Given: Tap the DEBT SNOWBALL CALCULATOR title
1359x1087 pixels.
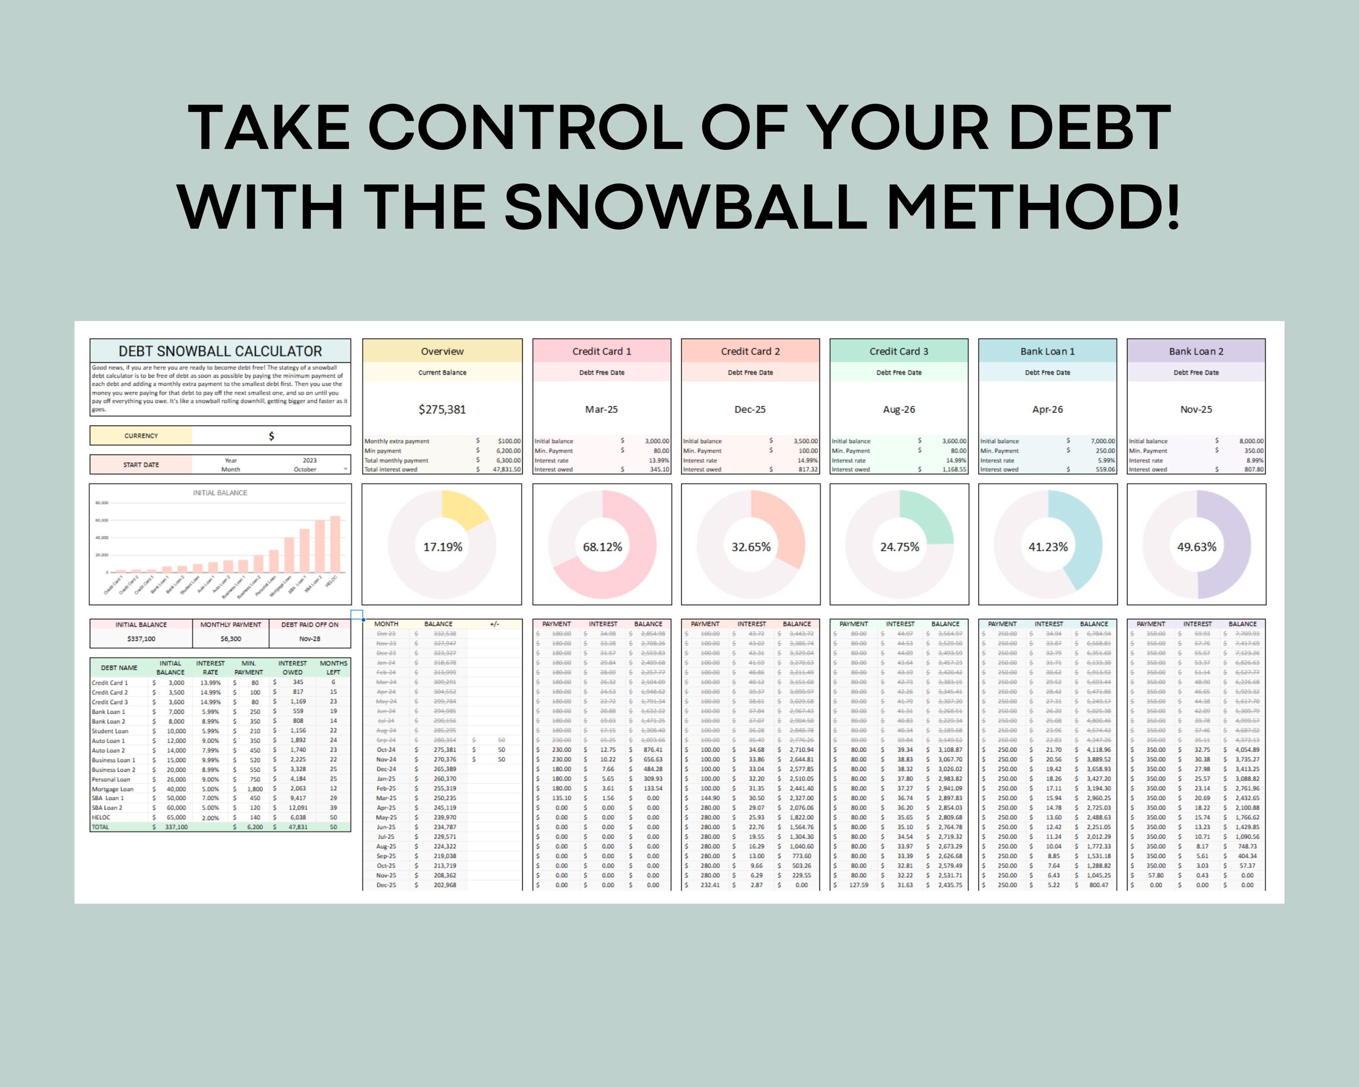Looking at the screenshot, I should (220, 351).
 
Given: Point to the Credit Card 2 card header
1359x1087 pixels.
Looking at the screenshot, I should (750, 351).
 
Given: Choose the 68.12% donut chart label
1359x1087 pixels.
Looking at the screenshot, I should (602, 547).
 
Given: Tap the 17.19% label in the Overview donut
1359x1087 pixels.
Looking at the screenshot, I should (443, 547).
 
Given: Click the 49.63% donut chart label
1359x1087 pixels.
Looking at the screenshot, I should (1196, 547).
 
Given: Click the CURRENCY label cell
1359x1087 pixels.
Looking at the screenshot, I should (141, 435).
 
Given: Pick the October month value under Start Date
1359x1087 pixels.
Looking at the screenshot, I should (305, 470).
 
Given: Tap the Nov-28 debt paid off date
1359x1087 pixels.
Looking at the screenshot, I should (309, 638).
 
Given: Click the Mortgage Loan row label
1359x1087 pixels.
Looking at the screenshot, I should (113, 789).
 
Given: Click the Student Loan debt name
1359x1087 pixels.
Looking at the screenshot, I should (111, 731).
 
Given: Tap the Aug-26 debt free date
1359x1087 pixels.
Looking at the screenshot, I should (899, 409).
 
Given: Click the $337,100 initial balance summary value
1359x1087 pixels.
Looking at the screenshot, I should (141, 638).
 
